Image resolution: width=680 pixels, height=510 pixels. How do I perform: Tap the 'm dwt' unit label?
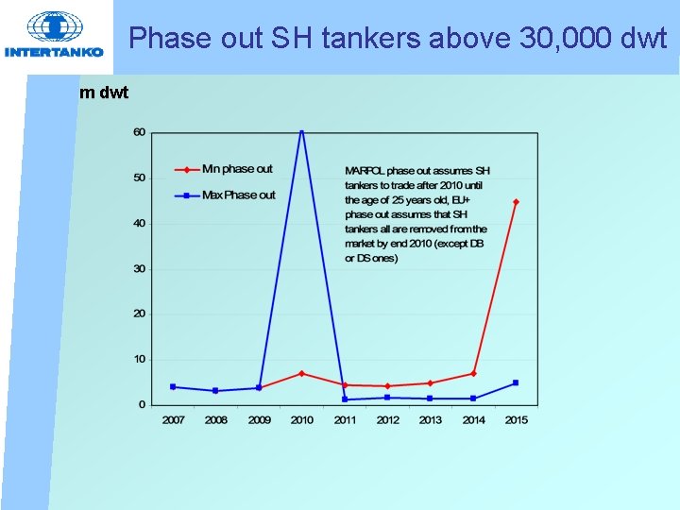point(105,93)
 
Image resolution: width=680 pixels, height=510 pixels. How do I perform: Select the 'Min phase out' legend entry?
point(237,169)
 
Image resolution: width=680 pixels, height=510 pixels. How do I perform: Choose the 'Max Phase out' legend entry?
point(239,195)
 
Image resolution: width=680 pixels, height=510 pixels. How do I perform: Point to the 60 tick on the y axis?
point(139,132)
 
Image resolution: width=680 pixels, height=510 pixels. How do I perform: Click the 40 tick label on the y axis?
point(139,223)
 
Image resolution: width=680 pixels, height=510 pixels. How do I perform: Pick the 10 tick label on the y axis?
point(139,359)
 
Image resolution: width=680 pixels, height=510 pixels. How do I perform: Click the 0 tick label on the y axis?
point(142,404)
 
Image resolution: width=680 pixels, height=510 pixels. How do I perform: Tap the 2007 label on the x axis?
point(173,420)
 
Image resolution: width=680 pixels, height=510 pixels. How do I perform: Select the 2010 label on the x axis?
point(302,420)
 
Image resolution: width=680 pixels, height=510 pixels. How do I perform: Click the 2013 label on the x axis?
point(431,420)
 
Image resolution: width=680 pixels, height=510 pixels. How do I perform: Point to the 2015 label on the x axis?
point(516,420)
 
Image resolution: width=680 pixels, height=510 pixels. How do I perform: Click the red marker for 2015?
point(516,201)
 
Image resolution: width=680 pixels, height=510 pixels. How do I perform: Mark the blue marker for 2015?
point(516,382)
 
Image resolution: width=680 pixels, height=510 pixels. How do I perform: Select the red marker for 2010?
point(302,373)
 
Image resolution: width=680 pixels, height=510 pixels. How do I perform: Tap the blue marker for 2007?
point(173,386)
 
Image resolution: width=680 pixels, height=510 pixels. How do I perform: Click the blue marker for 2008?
point(215,391)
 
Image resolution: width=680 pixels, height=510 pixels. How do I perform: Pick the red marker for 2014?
point(473,373)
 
